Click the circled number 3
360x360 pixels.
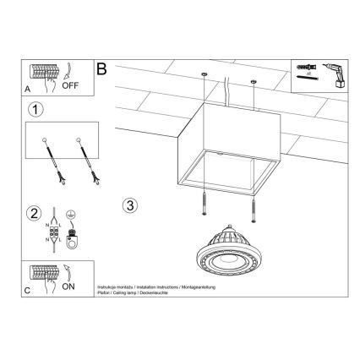(129, 205)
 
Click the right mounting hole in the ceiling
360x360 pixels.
(254, 83)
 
